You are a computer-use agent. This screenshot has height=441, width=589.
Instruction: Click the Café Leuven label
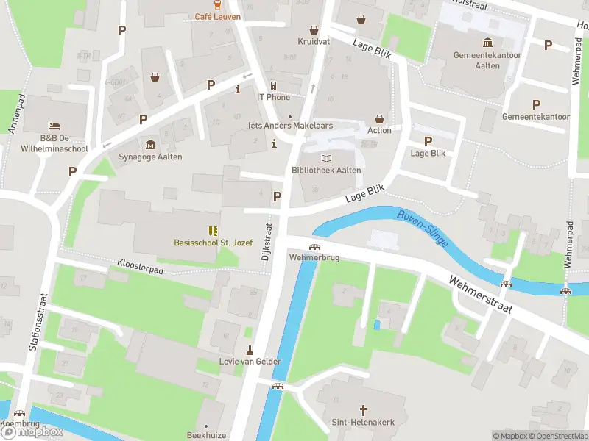click(217, 16)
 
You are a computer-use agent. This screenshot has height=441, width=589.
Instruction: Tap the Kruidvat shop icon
click(314, 30)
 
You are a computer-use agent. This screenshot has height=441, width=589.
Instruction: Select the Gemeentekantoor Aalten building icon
click(487, 43)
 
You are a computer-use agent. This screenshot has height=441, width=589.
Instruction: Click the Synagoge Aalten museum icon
click(150, 143)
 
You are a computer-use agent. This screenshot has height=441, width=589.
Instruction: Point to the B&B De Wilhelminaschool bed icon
click(53, 126)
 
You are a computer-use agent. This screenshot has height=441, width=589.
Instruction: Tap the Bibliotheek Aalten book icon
click(326, 158)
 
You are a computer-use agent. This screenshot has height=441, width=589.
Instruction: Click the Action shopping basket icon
click(379, 118)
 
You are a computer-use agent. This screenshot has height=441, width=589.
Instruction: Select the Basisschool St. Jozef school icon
click(213, 230)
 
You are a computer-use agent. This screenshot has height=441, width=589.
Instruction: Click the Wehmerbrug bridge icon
click(314, 247)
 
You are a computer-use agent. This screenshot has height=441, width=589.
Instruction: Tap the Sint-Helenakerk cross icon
click(362, 409)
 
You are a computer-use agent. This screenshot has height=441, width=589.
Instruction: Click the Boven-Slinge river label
click(422, 228)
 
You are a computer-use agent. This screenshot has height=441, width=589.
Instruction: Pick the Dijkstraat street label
click(266, 243)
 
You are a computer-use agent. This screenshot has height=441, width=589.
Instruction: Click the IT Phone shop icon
click(273, 85)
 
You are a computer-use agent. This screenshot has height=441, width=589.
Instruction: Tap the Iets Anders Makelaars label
click(290, 126)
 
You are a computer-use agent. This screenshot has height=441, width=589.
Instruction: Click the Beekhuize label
click(205, 435)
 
